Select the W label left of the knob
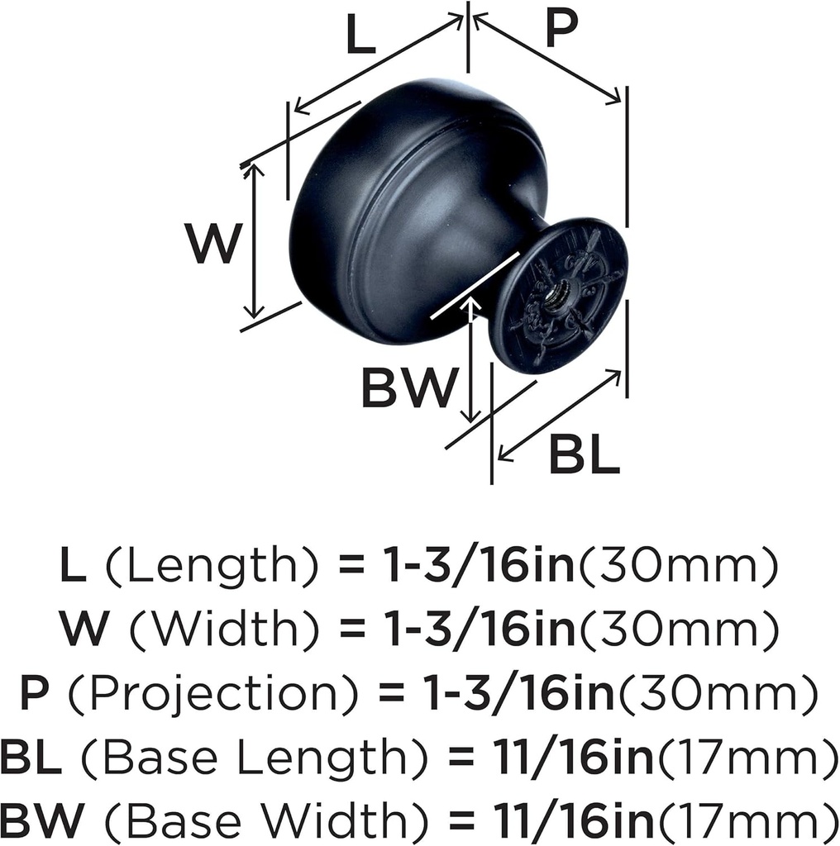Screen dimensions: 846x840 coord(212,245)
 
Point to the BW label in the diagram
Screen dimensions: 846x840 coord(408,387)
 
